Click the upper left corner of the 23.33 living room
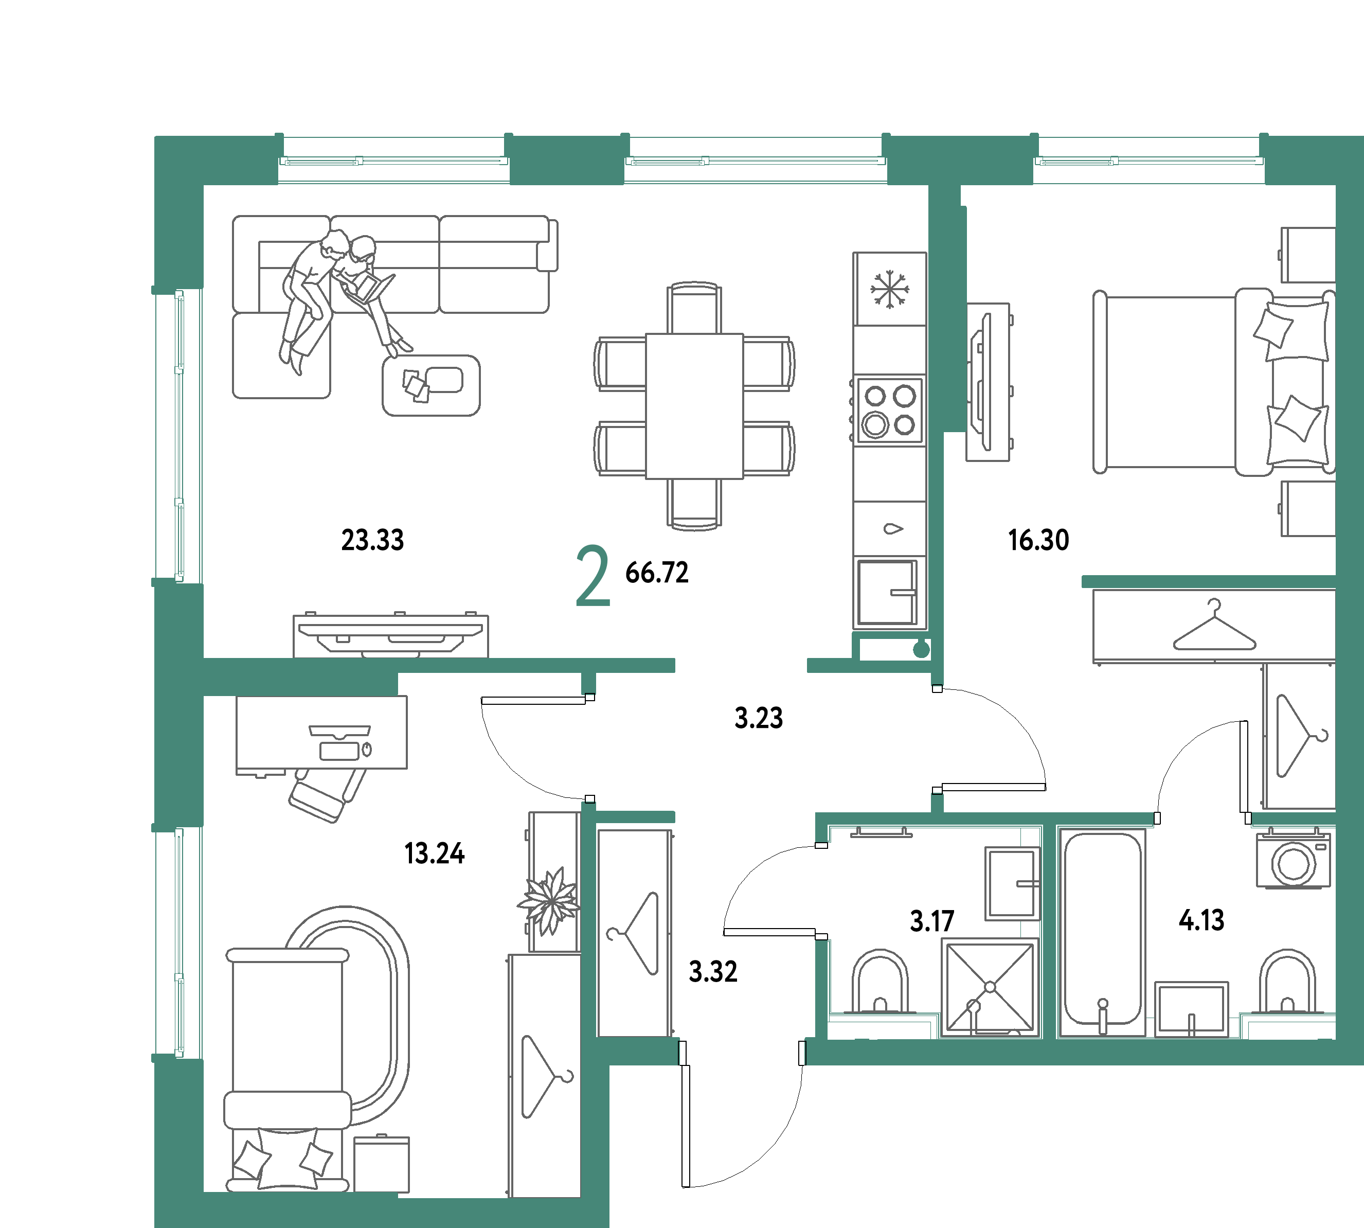[204, 185]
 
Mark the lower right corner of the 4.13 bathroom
[1336, 1039]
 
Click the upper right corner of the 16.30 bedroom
[1336, 185]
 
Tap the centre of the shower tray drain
[990, 987]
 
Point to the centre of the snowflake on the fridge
[889, 290]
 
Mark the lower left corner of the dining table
[646, 478]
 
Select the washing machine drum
[1293, 864]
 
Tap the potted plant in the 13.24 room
[550, 901]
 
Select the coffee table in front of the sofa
[431, 385]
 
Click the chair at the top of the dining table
[694, 308]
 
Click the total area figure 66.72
[656, 573]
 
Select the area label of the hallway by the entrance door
[713, 972]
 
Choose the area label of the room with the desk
[435, 854]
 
